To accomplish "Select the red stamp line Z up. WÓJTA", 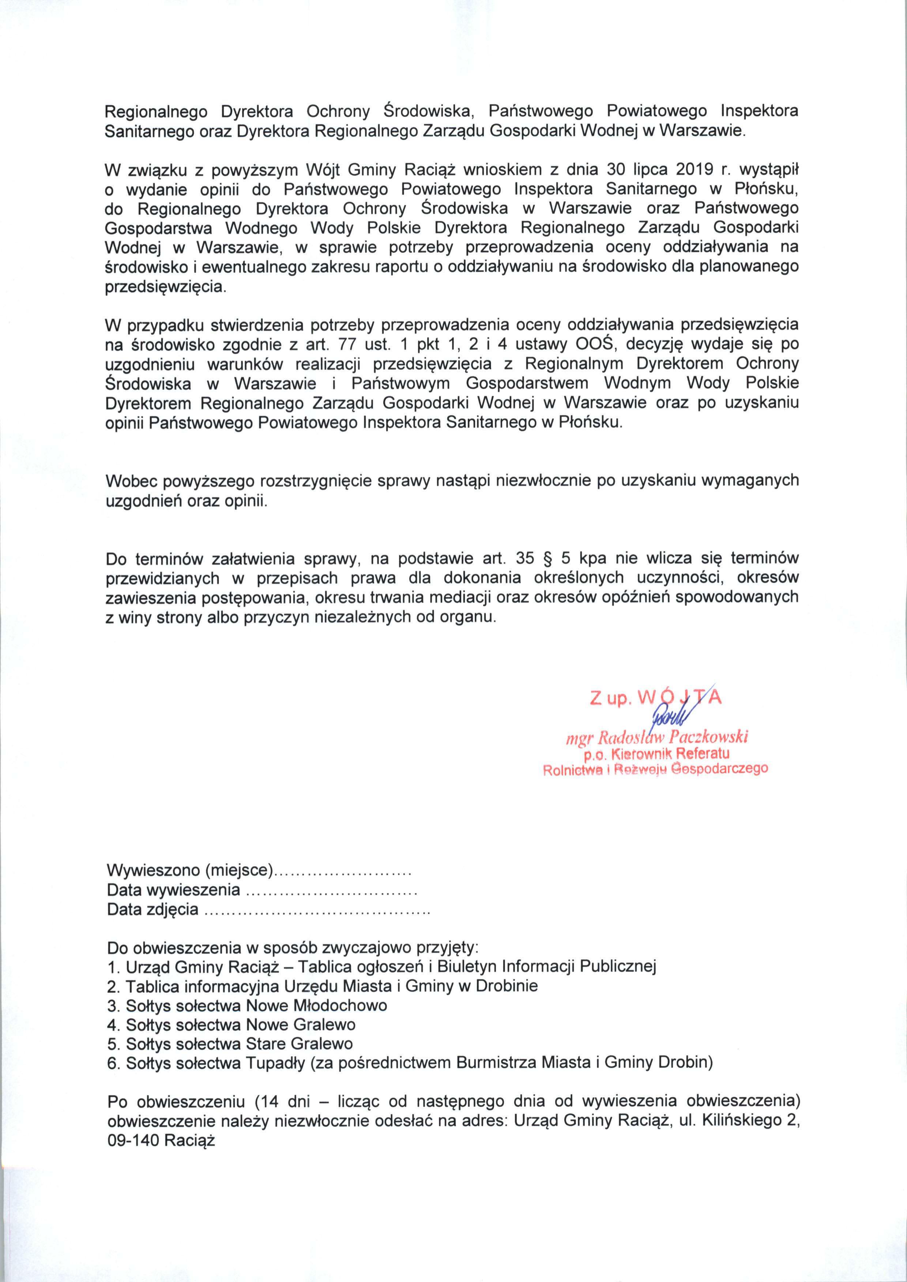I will tap(656, 698).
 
